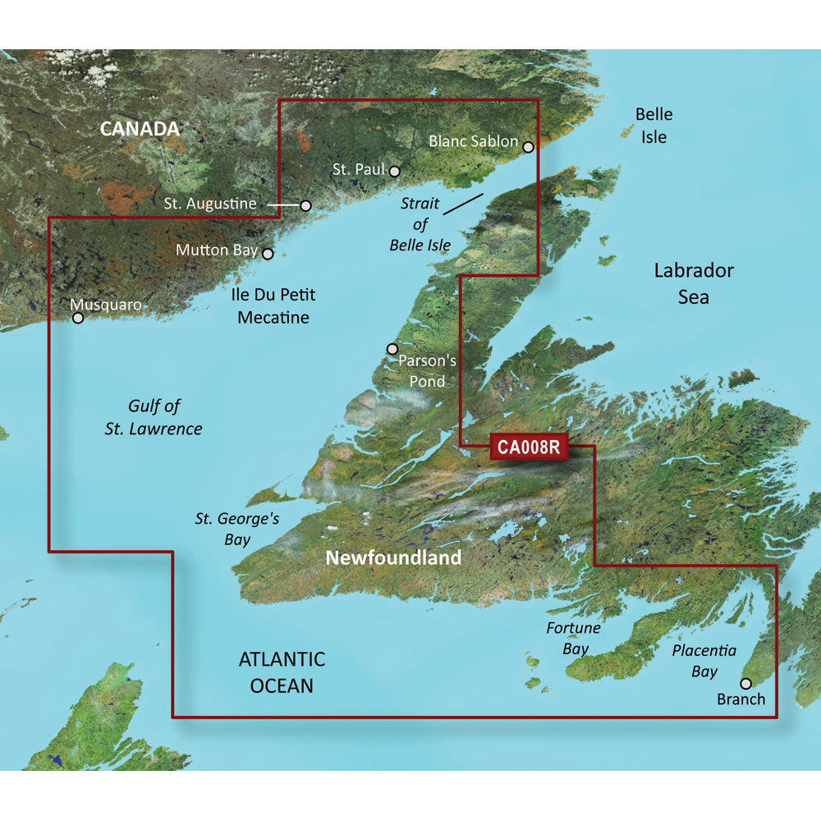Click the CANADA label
(140, 129)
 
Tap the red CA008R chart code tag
(528, 447)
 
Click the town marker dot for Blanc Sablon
(528, 148)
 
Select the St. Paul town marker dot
(395, 172)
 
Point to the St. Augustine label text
(209, 204)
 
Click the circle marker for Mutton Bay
(267, 255)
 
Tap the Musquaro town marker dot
(79, 318)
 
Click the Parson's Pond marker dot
(392, 349)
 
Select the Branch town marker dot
(745, 683)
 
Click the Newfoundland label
(393, 558)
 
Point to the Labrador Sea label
(694, 283)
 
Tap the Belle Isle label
(654, 126)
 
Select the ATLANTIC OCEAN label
(282, 672)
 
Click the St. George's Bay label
(226, 530)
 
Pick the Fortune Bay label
(574, 638)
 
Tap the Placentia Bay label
(704, 661)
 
